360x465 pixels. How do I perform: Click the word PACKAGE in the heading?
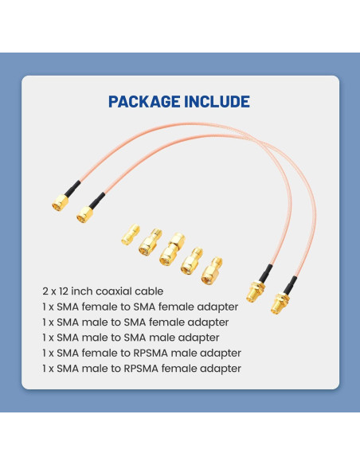143,102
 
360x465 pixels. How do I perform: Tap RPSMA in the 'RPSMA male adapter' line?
170,353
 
